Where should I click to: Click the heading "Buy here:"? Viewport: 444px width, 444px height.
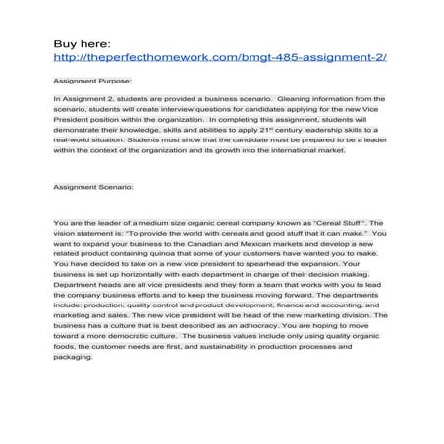pos(83,43)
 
